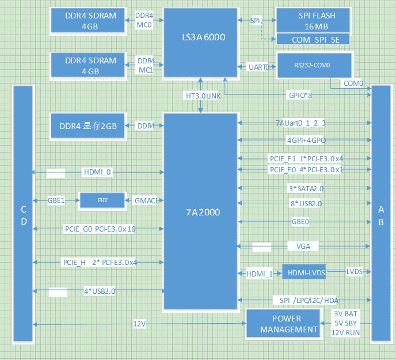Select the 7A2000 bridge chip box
click(x=200, y=211)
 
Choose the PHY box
click(x=102, y=200)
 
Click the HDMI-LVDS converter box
click(x=303, y=272)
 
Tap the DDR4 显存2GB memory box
click(x=87, y=126)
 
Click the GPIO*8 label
click(x=299, y=95)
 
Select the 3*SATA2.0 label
click(x=306, y=188)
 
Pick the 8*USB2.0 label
click(x=306, y=203)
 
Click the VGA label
click(x=303, y=246)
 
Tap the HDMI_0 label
click(x=97, y=172)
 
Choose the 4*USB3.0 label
click(x=99, y=291)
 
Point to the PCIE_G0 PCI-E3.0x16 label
click(x=99, y=229)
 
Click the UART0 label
click(x=258, y=67)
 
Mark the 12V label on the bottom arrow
click(x=139, y=324)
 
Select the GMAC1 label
click(x=145, y=200)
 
